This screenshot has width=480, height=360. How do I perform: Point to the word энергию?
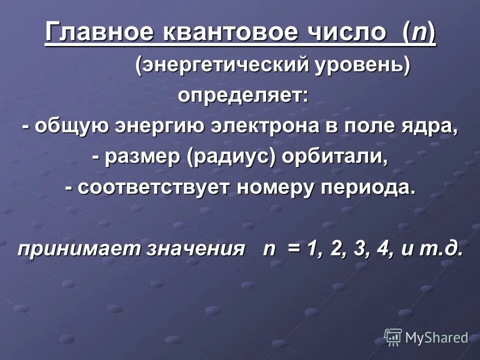pyautogui.click(x=158, y=126)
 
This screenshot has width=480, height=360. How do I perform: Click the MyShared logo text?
pyautogui.click(x=436, y=337)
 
